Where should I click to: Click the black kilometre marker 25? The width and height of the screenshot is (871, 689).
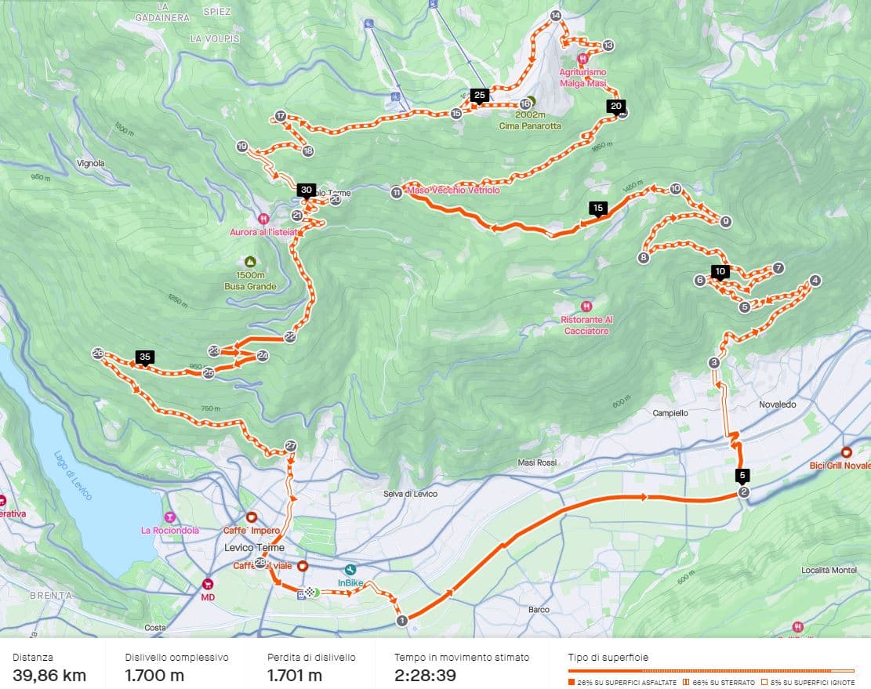[x=481, y=95]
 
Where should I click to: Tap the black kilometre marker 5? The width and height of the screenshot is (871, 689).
[x=742, y=475]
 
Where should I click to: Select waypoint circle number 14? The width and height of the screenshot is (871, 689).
[x=556, y=16]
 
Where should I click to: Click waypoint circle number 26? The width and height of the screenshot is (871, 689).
[x=98, y=354]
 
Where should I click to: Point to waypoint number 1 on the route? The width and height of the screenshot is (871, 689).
[x=402, y=621]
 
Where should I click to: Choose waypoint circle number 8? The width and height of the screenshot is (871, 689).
[x=644, y=257]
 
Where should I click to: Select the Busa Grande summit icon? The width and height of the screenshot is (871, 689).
[x=250, y=262]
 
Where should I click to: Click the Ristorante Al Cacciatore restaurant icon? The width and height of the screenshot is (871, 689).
[x=586, y=306]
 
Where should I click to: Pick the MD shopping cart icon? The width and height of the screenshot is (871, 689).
[x=208, y=583]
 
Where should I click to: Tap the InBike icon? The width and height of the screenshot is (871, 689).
[x=350, y=570]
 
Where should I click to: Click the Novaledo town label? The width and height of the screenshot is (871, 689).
[x=777, y=404]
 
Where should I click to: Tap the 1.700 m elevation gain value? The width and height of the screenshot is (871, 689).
[x=154, y=675]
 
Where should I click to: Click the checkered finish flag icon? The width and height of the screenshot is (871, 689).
[x=311, y=593]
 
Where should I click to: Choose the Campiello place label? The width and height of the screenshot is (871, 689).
[x=670, y=412]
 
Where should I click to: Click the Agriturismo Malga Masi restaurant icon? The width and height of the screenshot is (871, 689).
[x=582, y=59]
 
